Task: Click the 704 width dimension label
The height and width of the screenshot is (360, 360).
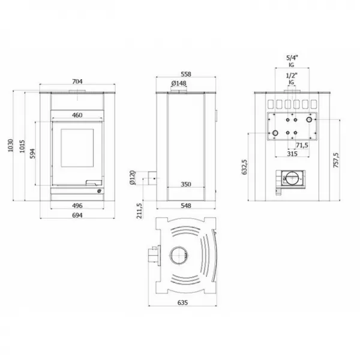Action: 77,81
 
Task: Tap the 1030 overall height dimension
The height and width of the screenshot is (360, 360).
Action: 11,145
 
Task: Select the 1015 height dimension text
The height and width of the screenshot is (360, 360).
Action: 22,146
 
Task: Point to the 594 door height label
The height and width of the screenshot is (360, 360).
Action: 33,154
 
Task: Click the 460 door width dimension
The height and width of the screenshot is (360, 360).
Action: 77,115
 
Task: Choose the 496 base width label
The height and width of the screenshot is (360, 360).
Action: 77,206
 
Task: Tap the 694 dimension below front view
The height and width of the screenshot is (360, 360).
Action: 77,215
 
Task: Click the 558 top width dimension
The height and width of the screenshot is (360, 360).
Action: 186,74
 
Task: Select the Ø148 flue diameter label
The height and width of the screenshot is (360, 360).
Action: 179,83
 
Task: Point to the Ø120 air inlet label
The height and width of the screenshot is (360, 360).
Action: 133,178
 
